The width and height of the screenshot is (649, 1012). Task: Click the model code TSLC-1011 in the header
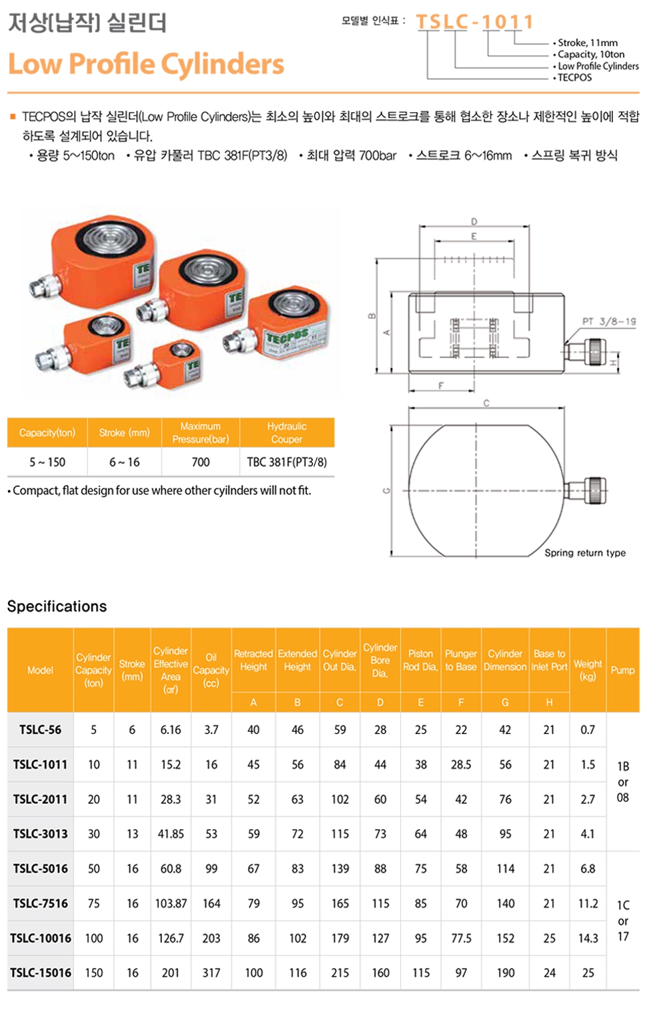tap(474, 22)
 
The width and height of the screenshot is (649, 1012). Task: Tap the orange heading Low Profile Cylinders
tap(146, 64)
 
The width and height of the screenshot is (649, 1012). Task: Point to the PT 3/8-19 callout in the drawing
tap(608, 322)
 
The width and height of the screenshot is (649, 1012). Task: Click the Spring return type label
tap(585, 552)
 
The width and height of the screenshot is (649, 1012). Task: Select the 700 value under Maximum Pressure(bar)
tap(200, 462)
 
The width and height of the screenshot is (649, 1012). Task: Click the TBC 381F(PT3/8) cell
tap(287, 462)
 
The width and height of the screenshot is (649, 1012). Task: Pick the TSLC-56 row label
tap(40, 730)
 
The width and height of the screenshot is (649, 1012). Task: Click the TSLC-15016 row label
tap(40, 973)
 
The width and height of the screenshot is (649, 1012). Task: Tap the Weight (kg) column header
tap(588, 670)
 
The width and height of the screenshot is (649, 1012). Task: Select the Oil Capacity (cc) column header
tap(211, 670)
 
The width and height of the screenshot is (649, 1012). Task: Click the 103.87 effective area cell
tap(171, 903)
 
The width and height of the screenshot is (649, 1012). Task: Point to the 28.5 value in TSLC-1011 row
tap(461, 765)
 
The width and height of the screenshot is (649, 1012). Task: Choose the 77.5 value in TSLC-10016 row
tap(461, 938)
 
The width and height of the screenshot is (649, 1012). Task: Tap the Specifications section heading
tap(57, 606)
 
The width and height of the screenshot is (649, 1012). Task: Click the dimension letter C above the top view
tap(486, 403)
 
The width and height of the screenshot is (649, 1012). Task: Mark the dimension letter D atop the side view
tap(474, 221)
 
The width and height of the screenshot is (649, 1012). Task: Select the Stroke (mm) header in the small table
tap(124, 432)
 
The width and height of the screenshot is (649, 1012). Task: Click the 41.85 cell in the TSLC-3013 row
tap(171, 834)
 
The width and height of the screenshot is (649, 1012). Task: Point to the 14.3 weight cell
tap(588, 938)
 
